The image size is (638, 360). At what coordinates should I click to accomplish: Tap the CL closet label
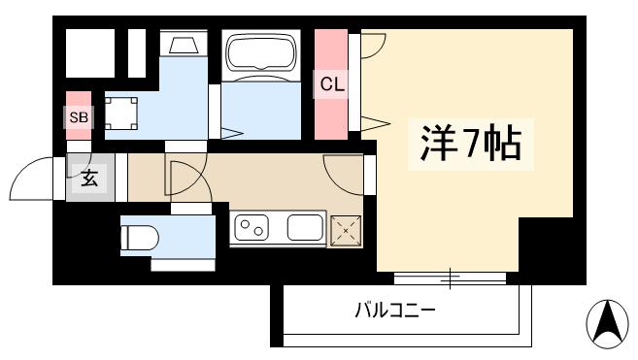click(332, 84)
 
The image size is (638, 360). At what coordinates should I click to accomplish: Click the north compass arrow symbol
click(609, 323)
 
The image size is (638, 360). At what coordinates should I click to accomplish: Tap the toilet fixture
click(142, 236)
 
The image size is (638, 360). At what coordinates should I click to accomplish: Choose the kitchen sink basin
click(305, 230)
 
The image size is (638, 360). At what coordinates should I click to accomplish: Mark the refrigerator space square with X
click(345, 230)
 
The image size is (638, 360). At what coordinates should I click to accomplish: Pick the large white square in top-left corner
click(90, 53)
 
